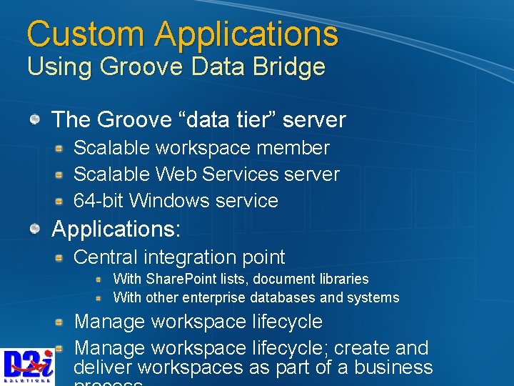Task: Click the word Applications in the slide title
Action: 246,34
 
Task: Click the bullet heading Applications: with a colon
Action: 116,229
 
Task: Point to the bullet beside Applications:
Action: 35,229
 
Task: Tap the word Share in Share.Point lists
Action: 161,279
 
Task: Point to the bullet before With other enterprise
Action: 101,297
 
